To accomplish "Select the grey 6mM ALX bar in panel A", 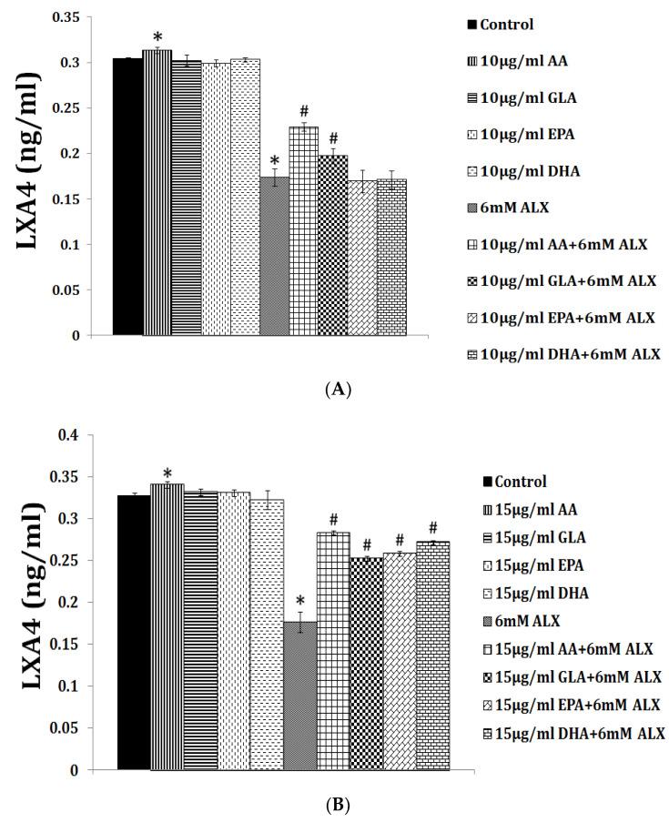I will [275, 256].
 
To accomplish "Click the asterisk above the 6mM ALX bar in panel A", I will [274, 161].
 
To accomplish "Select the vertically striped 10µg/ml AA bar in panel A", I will [157, 192].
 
